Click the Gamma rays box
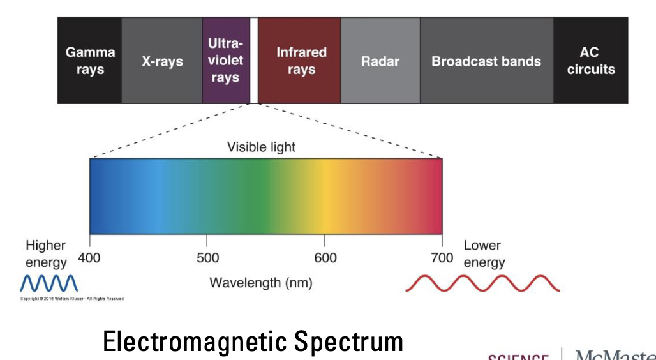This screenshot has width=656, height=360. [90, 61]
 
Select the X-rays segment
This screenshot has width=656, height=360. [162, 61]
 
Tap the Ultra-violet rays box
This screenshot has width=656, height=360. [226, 61]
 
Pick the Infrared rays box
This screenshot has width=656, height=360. [300, 61]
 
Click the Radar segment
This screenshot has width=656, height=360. [380, 61]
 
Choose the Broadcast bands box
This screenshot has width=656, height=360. [486, 61]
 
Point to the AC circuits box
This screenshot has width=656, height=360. [591, 61]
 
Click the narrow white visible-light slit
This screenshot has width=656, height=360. [254, 61]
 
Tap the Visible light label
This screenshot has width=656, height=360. [262, 147]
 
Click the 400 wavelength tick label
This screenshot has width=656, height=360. [89, 258]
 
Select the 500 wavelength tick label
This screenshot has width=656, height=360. [207, 258]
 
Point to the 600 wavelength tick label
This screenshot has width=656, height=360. [325, 258]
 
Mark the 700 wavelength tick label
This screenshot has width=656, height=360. [442, 258]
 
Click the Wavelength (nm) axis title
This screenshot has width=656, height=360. [262, 281]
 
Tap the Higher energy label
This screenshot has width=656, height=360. [46, 254]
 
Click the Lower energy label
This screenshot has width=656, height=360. [484, 253]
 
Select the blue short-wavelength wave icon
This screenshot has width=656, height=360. [49, 283]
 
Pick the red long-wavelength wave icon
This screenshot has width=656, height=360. [482, 283]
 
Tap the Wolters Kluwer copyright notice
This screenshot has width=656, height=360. [72, 299]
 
